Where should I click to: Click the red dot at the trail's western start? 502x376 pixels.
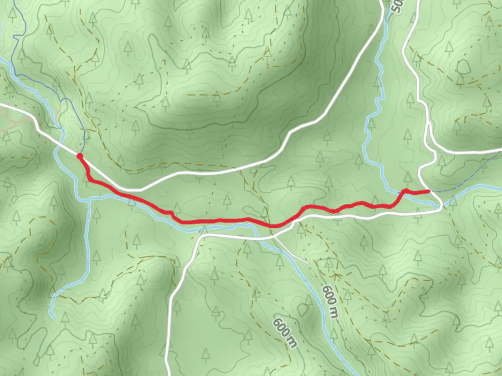(x=79, y=156)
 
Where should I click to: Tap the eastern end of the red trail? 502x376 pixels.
(x=428, y=191)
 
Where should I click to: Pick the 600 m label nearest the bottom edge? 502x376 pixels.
(x=285, y=332)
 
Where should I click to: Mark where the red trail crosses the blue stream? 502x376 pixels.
(x=401, y=193)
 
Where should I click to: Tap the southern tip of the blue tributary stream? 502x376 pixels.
(x=54, y=318)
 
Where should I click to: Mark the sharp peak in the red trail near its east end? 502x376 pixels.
(x=405, y=190)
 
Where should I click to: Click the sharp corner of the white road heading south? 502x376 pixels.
(x=200, y=237)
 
